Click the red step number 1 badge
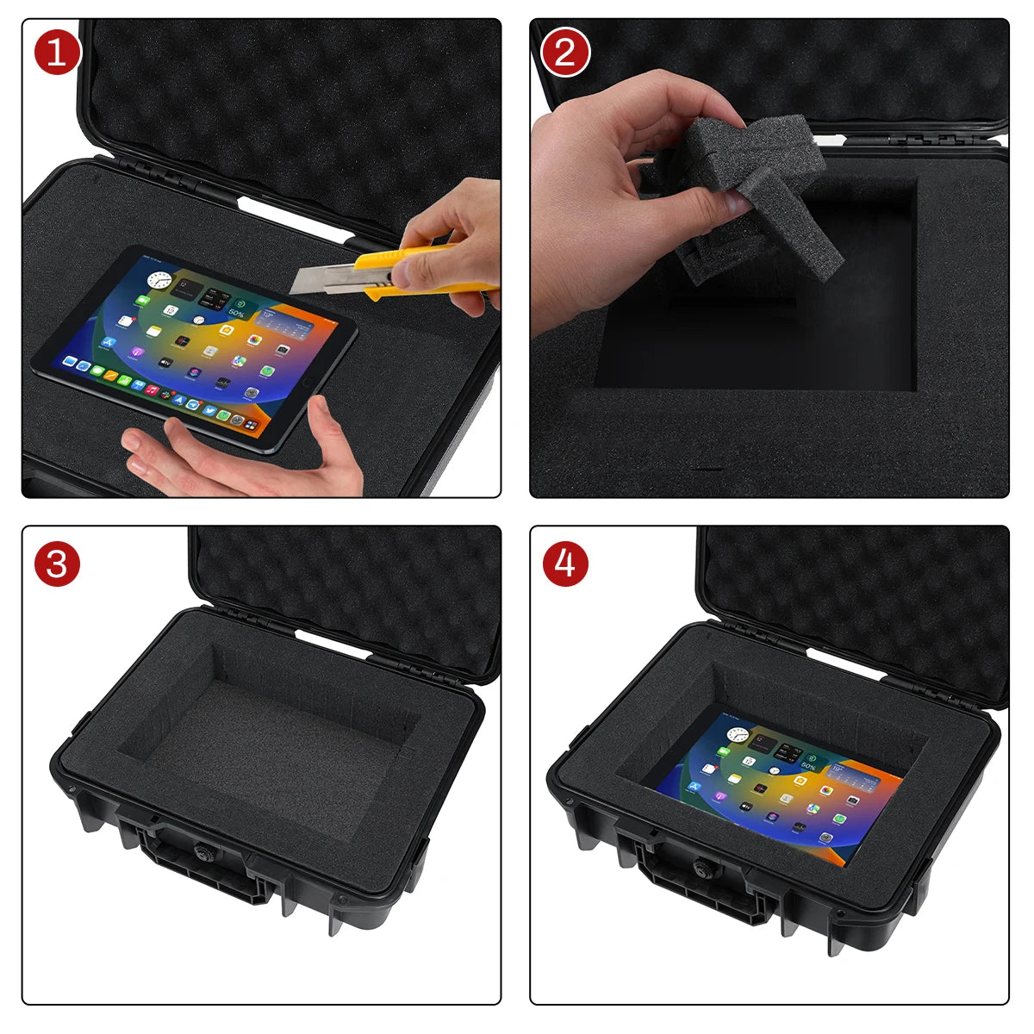58,53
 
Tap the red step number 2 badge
565,53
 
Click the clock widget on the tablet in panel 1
159,279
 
